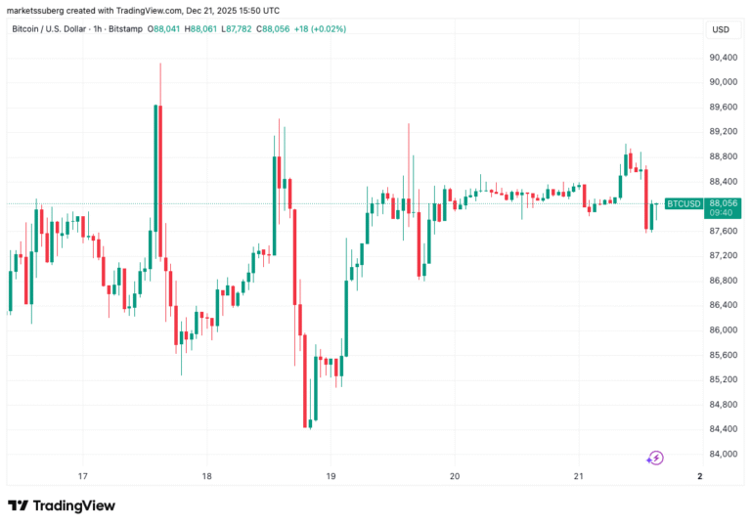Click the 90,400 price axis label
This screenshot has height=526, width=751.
coord(724,58)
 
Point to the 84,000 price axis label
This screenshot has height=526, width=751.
coord(724,454)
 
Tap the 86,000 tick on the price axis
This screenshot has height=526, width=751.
coord(724,329)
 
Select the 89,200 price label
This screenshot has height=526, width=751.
coord(724,132)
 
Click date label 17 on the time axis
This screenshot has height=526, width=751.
coord(83,476)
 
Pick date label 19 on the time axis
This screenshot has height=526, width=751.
coord(331,476)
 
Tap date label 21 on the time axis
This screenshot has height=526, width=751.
coord(578,476)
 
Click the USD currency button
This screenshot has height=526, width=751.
coord(721,29)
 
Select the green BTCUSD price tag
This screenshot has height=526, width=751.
coord(683,203)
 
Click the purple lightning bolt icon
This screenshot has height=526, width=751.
coord(656,457)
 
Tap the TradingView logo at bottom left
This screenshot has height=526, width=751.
coord(62,505)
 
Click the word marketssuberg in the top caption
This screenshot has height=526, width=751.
coord(34,9)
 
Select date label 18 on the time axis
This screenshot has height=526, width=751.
coord(206,476)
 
